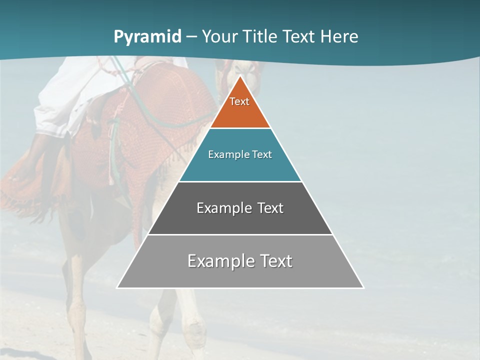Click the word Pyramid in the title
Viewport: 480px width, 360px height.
point(147,37)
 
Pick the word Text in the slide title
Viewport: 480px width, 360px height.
point(299,36)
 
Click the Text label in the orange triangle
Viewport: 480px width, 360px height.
point(239,101)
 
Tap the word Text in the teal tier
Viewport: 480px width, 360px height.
point(262,154)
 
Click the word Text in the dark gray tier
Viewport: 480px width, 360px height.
point(270,208)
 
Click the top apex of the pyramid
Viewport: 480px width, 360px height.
point(240,76)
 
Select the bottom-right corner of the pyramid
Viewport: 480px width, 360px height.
point(363,287)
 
